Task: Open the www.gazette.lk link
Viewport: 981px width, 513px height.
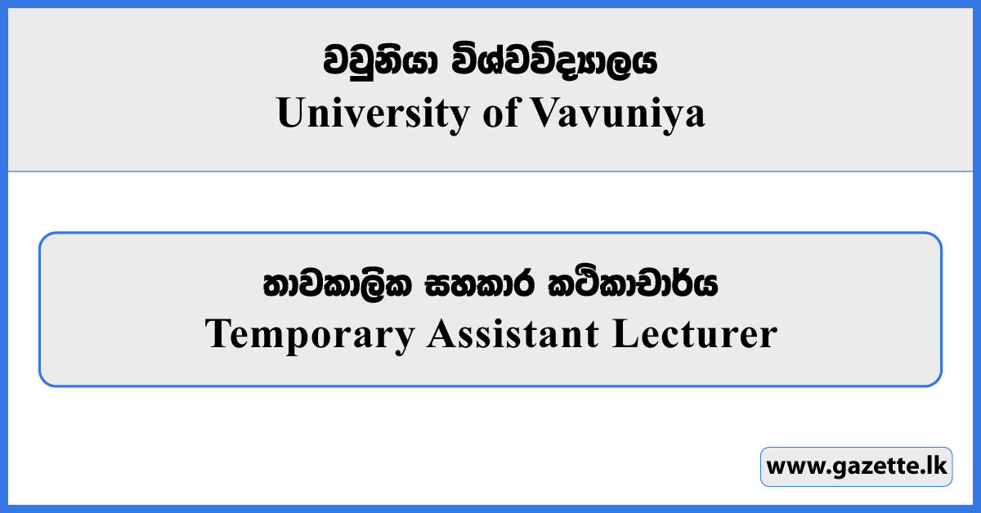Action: point(856,467)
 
